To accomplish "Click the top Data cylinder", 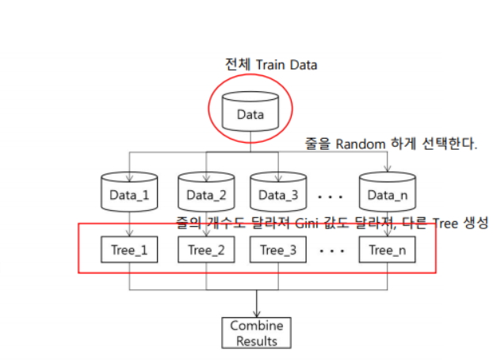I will [250, 113].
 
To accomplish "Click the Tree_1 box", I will [129, 251].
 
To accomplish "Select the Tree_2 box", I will [206, 251].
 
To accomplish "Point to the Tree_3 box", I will [278, 251].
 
